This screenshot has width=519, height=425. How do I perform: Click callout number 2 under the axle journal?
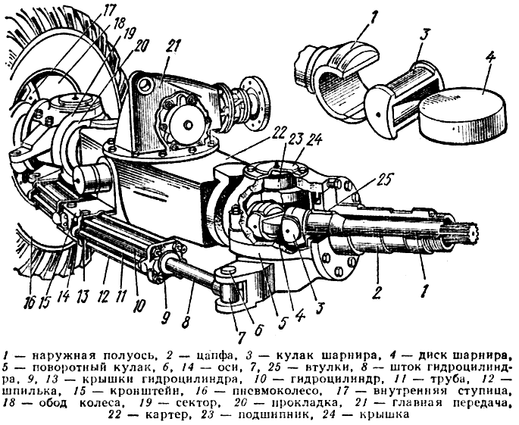[377, 292]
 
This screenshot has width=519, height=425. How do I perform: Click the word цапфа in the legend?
[215, 357]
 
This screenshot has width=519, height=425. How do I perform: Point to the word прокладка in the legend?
[305, 403]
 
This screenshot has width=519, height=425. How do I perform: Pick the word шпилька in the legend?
[32, 391]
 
